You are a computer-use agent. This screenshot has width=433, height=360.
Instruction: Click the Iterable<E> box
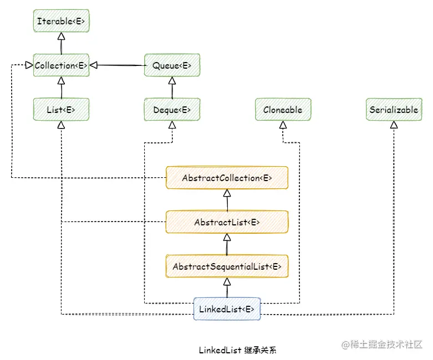point(61,21)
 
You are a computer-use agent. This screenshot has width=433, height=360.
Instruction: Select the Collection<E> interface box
point(61,65)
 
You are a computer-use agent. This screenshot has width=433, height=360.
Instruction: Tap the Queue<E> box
point(172,65)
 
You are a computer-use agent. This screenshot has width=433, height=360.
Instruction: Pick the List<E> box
point(61,110)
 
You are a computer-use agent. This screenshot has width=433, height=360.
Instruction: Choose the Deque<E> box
point(172,110)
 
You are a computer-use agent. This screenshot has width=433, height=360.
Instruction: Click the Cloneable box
point(283,110)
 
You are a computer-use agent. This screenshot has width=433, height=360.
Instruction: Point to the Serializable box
point(394,110)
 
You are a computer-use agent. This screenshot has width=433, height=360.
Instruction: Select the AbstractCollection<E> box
point(227,178)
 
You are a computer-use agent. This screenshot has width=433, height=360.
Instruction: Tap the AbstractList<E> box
point(227,222)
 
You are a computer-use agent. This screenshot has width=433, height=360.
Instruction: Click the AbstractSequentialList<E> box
point(227,266)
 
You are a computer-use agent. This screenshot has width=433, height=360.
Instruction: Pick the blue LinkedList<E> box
point(227,309)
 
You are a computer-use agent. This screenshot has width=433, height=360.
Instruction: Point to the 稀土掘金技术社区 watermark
point(382,344)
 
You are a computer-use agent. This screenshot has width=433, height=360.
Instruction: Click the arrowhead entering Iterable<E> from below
point(61,37)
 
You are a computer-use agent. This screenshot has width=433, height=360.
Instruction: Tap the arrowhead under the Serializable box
point(394,125)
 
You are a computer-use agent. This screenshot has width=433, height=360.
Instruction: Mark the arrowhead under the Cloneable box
point(283,125)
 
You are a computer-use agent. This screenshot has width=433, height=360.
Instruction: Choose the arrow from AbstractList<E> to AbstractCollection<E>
point(227,200)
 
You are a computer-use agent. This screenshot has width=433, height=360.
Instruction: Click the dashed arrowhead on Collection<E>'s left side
point(28,65)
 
